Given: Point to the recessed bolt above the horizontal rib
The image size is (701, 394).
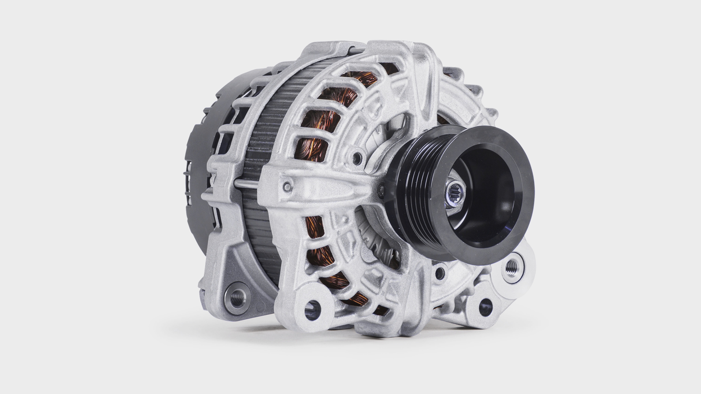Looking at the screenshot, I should [x=357, y=157].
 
